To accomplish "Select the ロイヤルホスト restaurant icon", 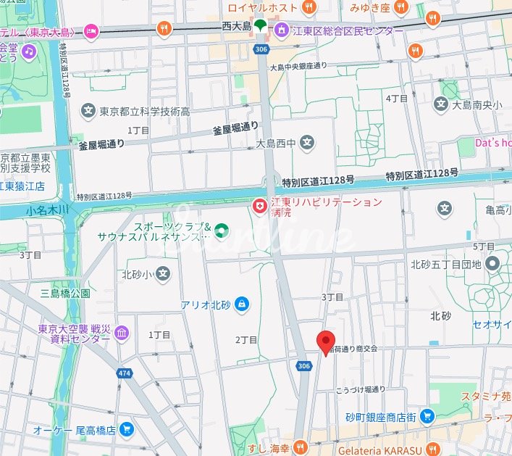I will (x=309, y=7).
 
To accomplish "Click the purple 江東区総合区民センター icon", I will (x=279, y=30).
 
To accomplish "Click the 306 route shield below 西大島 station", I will (x=260, y=48).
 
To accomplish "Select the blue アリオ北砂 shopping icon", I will (x=242, y=304).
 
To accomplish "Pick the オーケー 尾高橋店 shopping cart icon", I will (x=127, y=429).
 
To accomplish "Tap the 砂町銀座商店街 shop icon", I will (x=427, y=416).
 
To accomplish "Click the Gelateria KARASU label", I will (x=385, y=447).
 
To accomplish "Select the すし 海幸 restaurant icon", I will (x=308, y=445).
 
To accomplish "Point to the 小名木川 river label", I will (x=46, y=210).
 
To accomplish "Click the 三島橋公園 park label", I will (x=65, y=294).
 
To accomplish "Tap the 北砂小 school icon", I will (x=164, y=274).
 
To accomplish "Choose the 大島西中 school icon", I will (x=308, y=143).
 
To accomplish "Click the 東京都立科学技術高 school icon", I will (x=88, y=112).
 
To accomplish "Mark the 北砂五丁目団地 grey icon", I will (x=493, y=264).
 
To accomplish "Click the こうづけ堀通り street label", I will (x=360, y=389).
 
